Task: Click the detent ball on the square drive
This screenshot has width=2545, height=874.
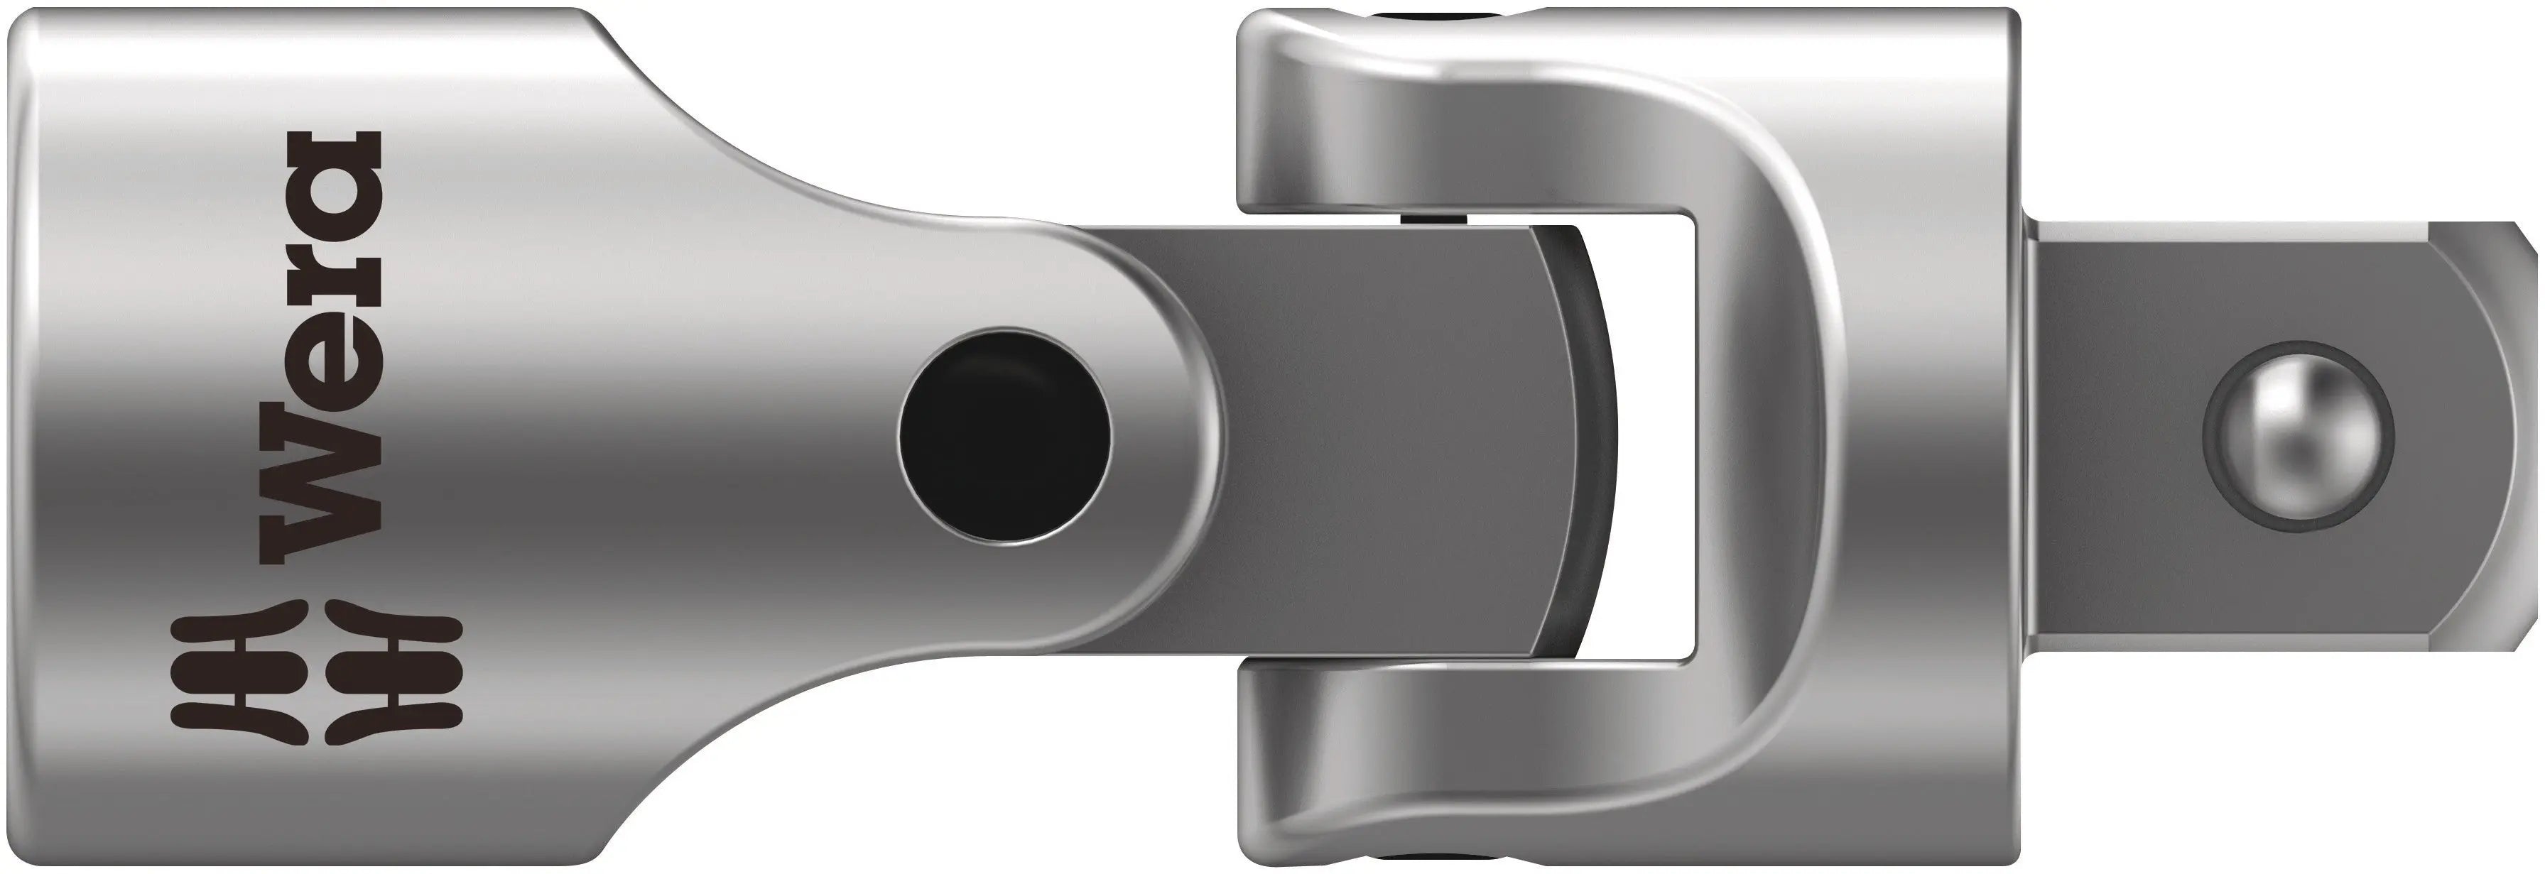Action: [x=2298, y=435]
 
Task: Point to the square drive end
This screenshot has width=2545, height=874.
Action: [x=2272, y=435]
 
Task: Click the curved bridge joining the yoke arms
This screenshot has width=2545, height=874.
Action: [x=1779, y=435]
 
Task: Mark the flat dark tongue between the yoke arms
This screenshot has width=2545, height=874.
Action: [x=1383, y=435]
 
